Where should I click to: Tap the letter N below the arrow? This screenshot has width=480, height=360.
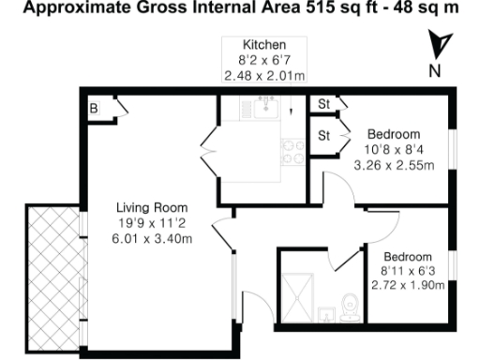tap(433, 70)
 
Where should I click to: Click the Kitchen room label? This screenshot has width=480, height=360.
tap(263, 45)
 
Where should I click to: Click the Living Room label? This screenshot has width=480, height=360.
tap(151, 207)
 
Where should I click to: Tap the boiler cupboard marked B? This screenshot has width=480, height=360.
tap(94, 109)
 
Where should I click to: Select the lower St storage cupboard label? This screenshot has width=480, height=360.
tap(324, 136)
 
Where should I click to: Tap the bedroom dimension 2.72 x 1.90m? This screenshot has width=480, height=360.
tap(407, 288)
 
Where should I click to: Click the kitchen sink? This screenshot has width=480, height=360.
tap(264, 109)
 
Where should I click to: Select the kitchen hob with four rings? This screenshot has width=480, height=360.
tap(289, 152)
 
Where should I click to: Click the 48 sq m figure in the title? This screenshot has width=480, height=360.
tap(434, 8)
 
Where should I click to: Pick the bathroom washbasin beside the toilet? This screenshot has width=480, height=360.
tap(325, 313)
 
